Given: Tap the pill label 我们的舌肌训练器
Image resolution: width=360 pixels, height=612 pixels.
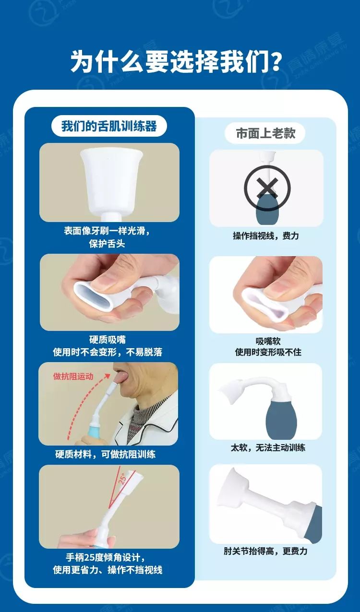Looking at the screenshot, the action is click(x=109, y=126).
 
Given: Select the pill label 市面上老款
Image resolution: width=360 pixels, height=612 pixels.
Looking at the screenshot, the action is click(x=265, y=134).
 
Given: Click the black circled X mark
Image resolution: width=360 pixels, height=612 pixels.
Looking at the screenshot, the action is click(x=267, y=188).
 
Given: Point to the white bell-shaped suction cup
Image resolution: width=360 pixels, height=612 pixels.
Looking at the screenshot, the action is click(x=111, y=180).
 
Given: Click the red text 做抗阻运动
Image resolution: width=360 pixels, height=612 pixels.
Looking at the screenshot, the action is click(x=73, y=376).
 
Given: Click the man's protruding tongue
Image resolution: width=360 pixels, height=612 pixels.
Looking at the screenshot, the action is click(x=121, y=377).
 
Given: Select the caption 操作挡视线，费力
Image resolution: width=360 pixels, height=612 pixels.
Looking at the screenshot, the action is click(x=266, y=236).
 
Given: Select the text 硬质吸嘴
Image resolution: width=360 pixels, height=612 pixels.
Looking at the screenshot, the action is click(x=108, y=340).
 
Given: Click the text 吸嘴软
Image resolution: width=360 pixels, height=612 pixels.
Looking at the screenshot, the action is click(x=268, y=341).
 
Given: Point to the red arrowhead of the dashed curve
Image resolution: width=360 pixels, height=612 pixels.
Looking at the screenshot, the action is click(x=107, y=377).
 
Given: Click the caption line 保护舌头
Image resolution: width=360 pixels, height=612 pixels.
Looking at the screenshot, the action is click(x=107, y=244).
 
